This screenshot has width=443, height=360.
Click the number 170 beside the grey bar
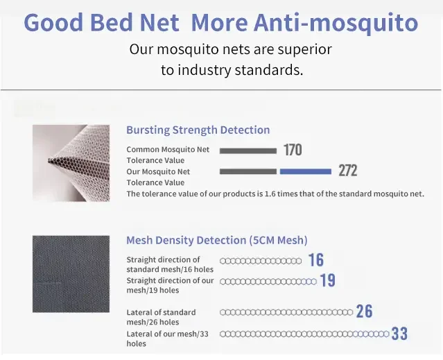coord(293,150)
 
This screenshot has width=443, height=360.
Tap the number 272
coord(348,171)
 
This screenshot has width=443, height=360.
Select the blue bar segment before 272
coord(306,171)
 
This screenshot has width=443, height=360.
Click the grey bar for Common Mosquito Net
coord(248,151)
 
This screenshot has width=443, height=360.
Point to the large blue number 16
coord(316,259)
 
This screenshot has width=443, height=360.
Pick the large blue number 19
coord(327,280)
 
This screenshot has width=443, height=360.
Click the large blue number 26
coord(364,311)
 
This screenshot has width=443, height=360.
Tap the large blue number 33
coord(399,334)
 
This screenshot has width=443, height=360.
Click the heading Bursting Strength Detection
coord(198,130)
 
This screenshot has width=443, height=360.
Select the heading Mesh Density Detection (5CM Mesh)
coord(217,240)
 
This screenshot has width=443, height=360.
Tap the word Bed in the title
coord(112,22)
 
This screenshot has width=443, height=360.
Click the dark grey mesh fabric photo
coord(71,274)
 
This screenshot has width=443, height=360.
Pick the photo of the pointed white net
coord(71,163)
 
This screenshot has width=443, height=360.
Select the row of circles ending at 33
coord(304,334)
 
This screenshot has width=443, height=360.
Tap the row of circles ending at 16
coord(261,261)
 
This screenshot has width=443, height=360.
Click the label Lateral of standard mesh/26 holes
coord(161,317)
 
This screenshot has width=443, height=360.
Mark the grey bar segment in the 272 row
coord(248,171)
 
